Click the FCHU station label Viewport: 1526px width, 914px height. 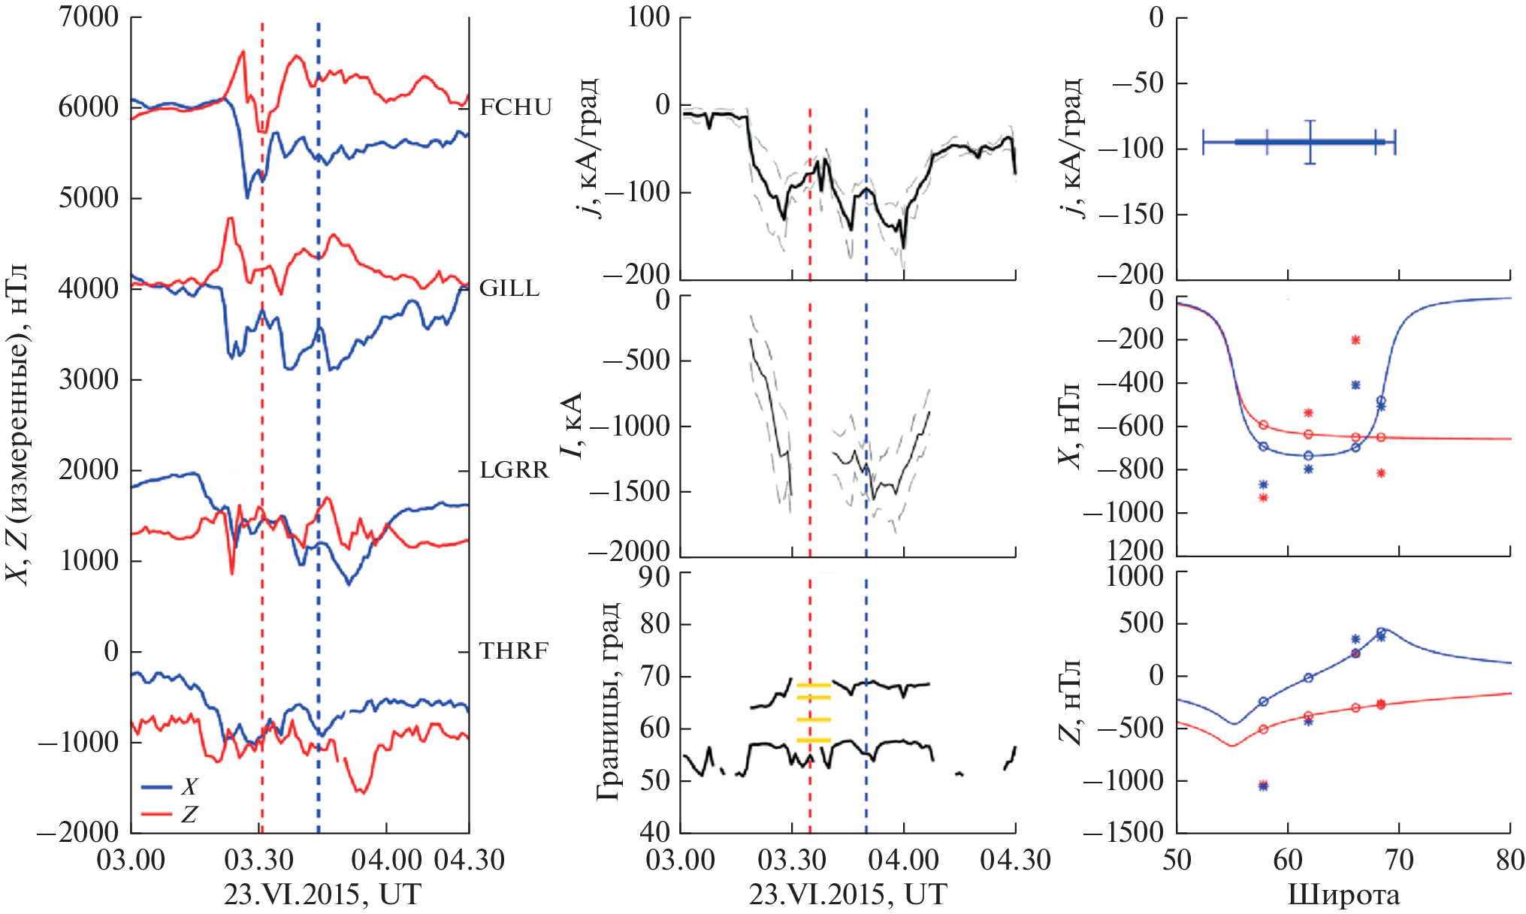click(515, 107)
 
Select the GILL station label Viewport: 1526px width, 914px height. click(509, 288)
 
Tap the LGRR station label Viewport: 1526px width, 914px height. click(515, 470)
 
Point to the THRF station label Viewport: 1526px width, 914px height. click(514, 651)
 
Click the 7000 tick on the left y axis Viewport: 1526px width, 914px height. click(89, 17)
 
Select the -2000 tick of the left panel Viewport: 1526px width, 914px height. click(79, 832)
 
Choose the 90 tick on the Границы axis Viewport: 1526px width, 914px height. click(654, 577)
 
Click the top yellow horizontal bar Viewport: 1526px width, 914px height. click(814, 685)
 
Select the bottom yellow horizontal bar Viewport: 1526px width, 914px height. click(814, 741)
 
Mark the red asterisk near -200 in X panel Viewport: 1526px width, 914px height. click(1355, 340)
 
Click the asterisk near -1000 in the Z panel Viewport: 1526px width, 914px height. click(1263, 786)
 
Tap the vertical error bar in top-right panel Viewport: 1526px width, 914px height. click(1310, 141)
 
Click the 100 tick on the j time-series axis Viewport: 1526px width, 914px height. click(648, 17)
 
